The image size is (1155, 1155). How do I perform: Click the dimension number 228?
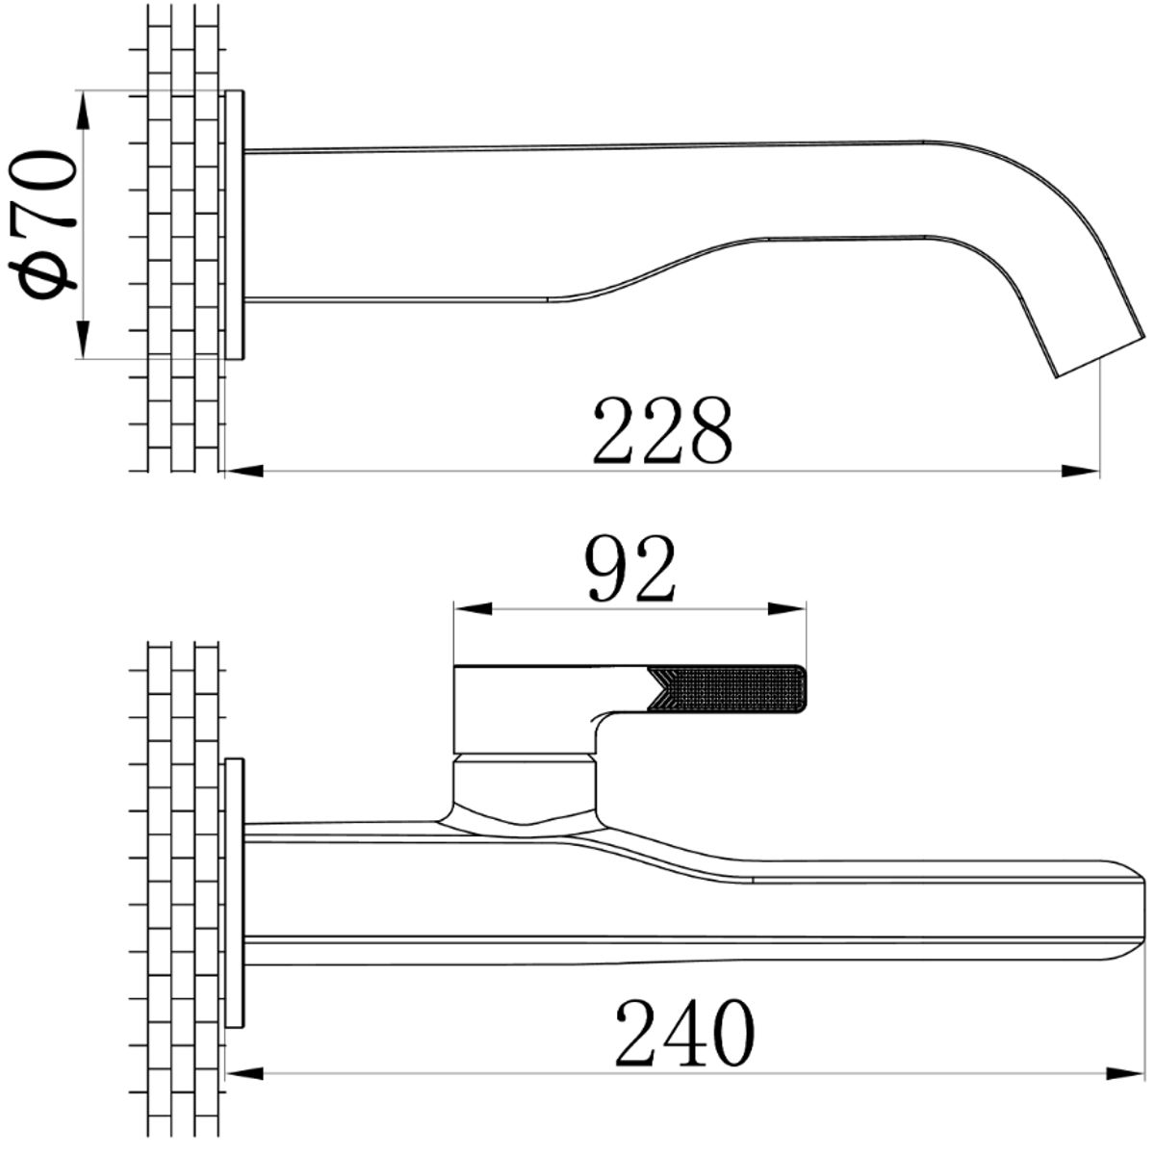coord(662,430)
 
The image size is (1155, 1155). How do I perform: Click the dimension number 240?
coord(684,1034)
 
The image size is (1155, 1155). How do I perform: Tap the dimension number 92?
coord(630,569)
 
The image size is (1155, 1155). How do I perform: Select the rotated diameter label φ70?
coord(43,225)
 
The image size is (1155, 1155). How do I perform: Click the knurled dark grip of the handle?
coord(728,690)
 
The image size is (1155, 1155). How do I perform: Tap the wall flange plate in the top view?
coord(234,225)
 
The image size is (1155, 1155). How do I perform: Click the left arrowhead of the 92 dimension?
coord(474,609)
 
